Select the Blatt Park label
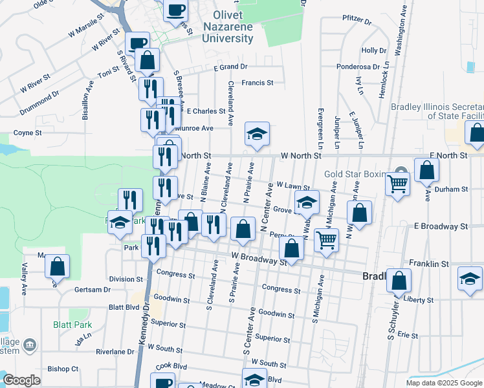pyautogui.click(x=72, y=325)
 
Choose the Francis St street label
pyautogui.click(x=258, y=83)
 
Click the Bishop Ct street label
pyautogui.click(x=63, y=369)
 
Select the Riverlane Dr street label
pyautogui.click(x=115, y=352)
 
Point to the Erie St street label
pyautogui.click(x=408, y=335)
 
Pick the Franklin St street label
pyautogui.click(x=429, y=264)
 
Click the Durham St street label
pyautogui.click(x=452, y=189)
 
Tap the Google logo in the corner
pyautogui.click(x=21, y=380)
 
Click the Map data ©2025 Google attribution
pyautogui.click(x=444, y=383)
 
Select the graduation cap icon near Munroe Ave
pyautogui.click(x=257, y=135)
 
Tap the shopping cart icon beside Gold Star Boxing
pyautogui.click(x=397, y=184)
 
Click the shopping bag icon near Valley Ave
pyautogui.click(x=58, y=266)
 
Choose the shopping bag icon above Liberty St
pyautogui.click(x=399, y=280)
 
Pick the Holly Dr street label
pyautogui.click(x=373, y=50)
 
